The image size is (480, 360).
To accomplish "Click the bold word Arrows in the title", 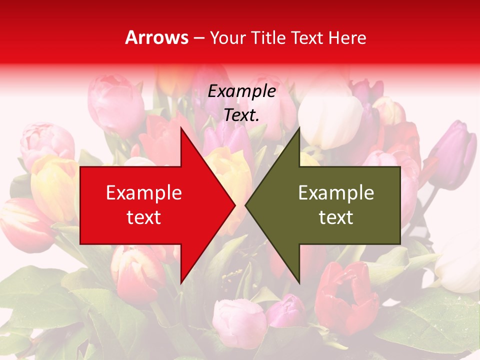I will pos(157,37).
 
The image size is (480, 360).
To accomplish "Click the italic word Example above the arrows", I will pos(241,91).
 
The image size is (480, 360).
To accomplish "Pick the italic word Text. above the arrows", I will pos(241,115).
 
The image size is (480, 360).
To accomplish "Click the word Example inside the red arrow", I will pos(144,192).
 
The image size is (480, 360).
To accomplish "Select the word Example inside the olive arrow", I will pos(336,192).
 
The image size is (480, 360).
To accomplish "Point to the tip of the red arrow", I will pos(234,205).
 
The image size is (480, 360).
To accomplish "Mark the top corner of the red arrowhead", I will pos(181,128).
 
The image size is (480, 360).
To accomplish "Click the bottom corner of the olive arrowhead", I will pos(299,283).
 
